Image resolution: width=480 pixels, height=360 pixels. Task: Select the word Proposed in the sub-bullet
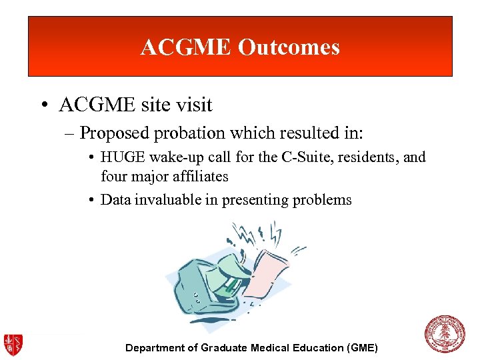coord(115,133)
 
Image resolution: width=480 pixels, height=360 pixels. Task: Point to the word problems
coord(321,200)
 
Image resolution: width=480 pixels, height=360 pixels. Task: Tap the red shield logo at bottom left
coord(13,343)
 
